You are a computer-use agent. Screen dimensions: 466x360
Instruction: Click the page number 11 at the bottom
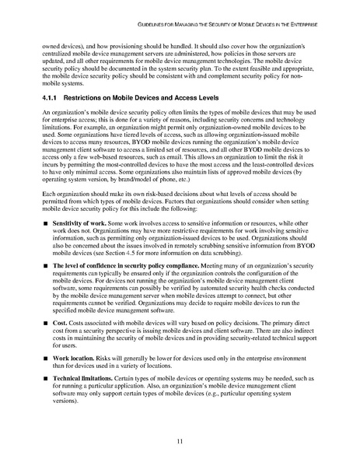(x=180, y=440)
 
